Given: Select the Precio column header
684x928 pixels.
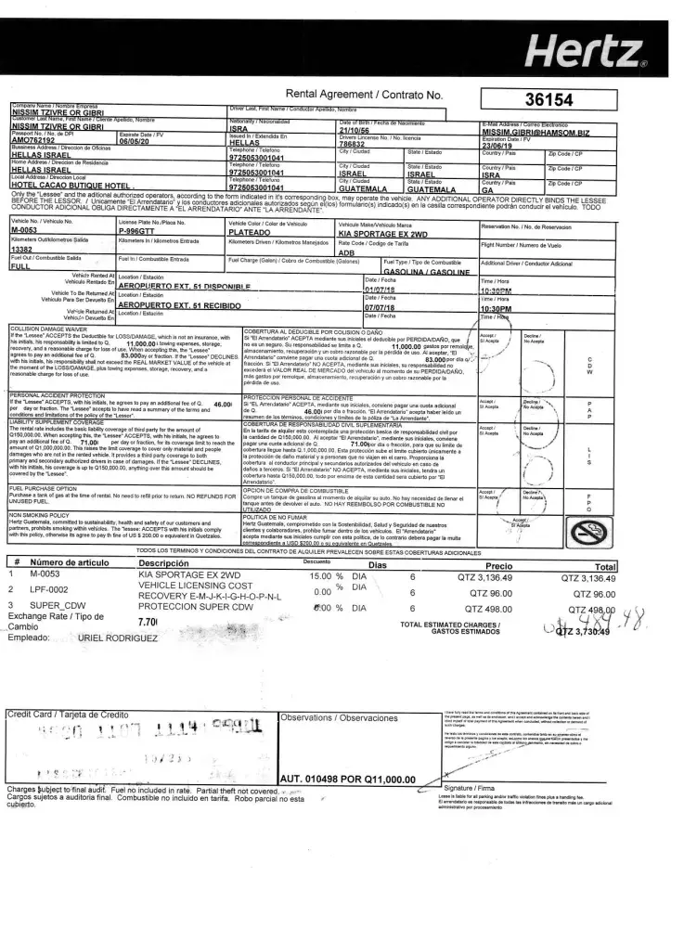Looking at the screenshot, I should coord(498,565).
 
